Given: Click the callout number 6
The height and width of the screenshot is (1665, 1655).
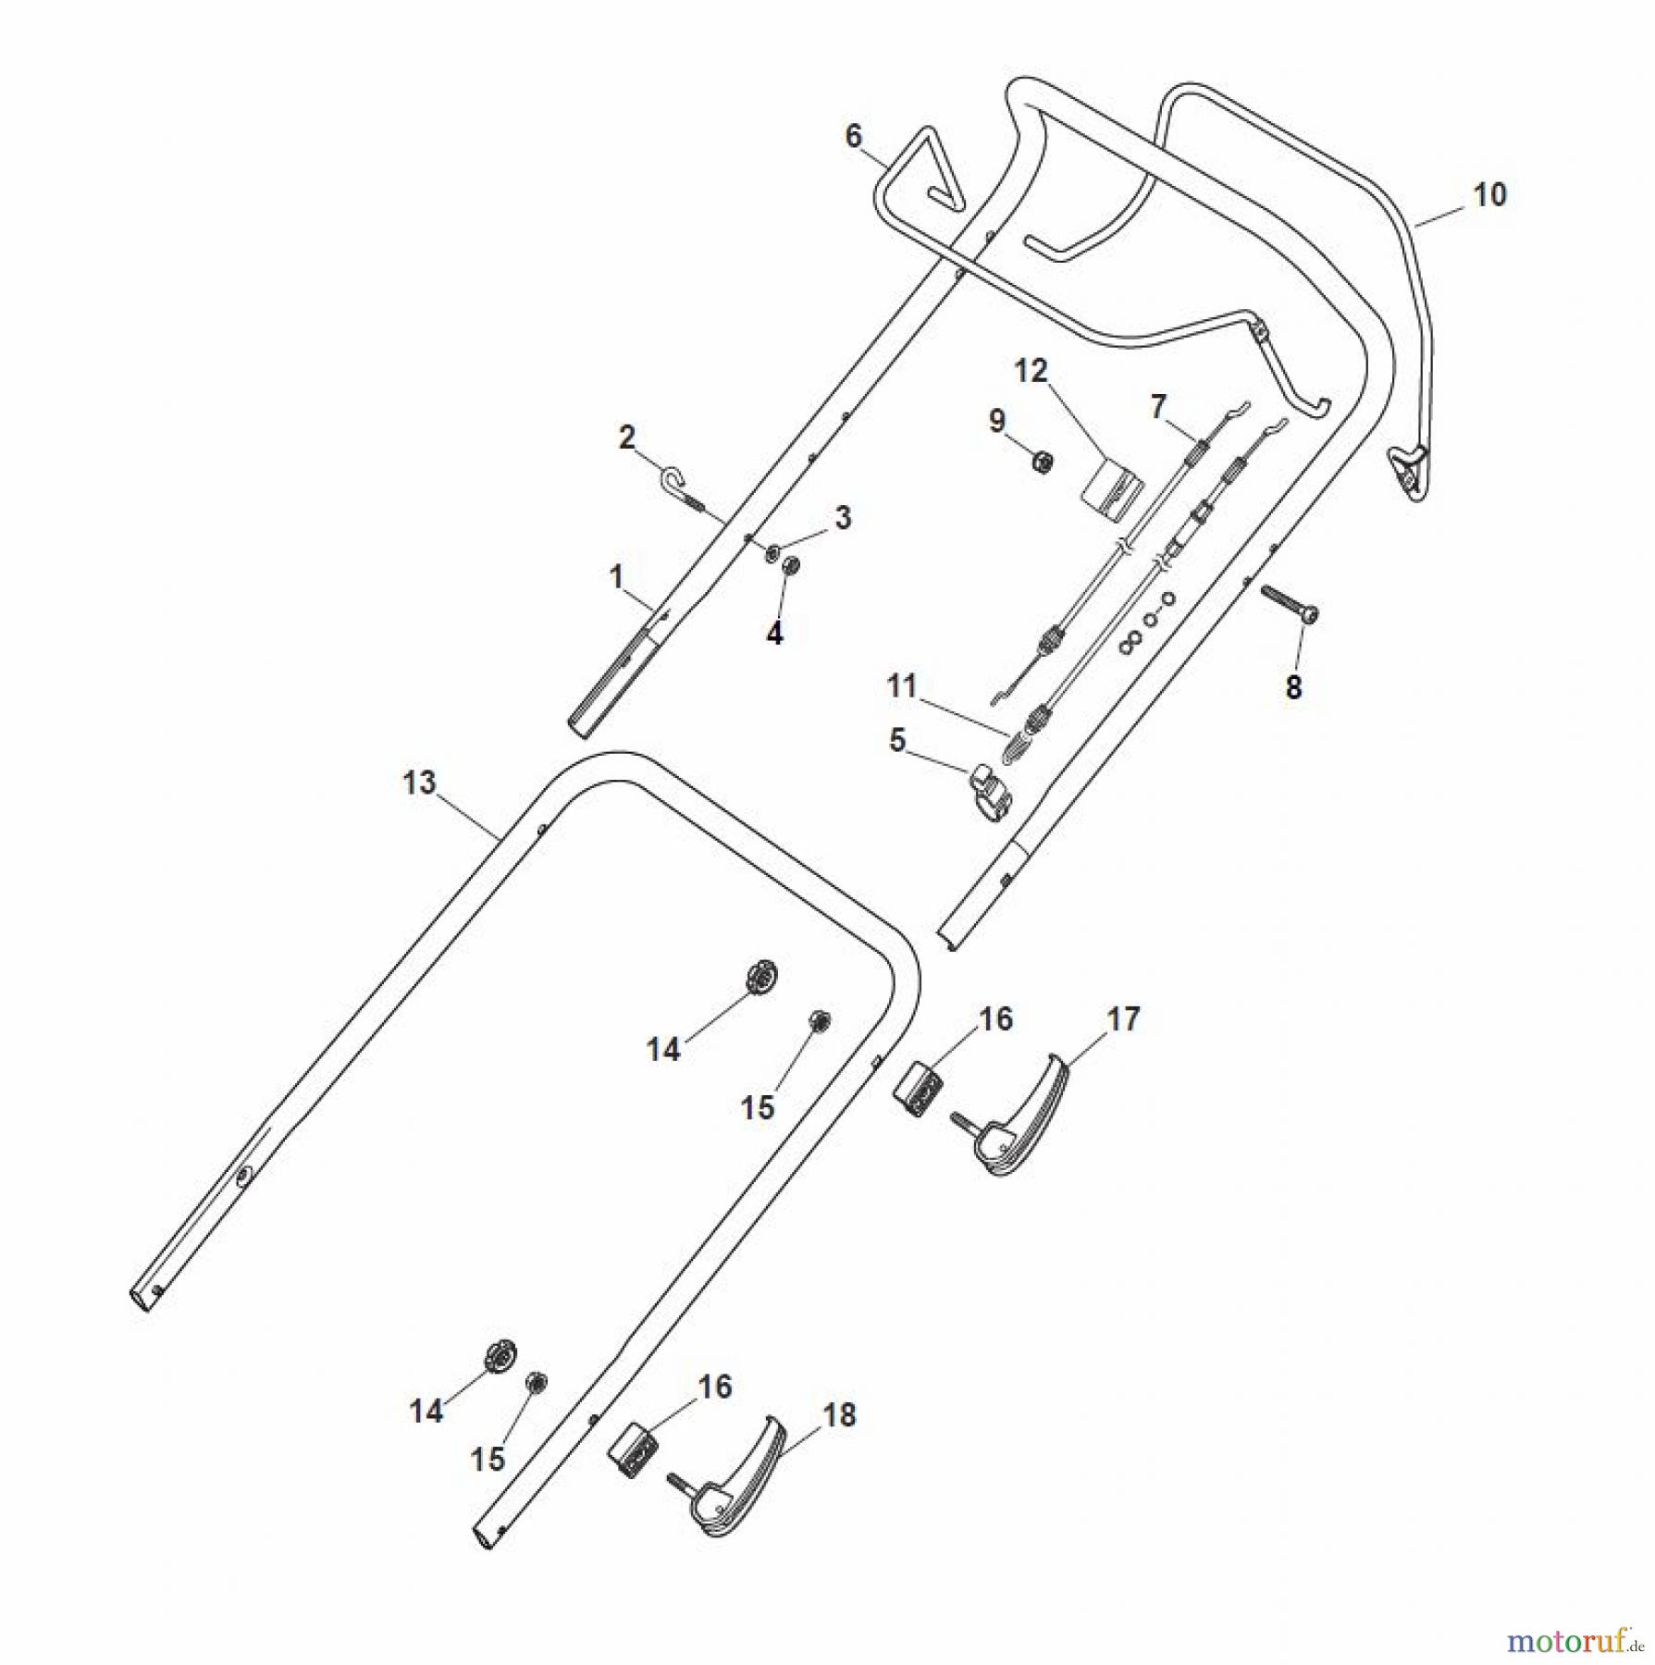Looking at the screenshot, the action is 853,137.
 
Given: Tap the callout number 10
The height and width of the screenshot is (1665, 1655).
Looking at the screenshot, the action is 1489,195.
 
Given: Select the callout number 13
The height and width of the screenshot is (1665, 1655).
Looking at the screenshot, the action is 419,783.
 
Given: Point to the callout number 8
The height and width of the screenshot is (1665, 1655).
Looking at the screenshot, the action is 1293,686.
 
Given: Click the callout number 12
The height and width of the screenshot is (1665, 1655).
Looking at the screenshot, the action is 1031,371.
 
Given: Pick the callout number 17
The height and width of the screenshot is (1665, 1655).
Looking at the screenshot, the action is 1123,1019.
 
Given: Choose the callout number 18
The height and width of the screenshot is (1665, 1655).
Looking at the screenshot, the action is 839,1415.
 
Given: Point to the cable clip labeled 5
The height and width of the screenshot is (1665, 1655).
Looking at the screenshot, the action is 990,787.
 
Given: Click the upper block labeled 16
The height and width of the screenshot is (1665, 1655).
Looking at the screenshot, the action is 919,1083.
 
